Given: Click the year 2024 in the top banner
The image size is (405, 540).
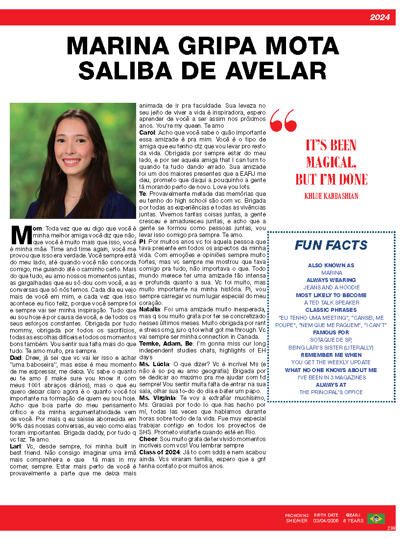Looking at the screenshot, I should click(x=380, y=18).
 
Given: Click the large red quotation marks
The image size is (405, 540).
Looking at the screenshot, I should click(x=283, y=120).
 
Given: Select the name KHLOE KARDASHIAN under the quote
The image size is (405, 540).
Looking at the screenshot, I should click(x=331, y=196).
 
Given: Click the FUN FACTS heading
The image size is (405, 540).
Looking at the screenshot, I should click(x=331, y=245).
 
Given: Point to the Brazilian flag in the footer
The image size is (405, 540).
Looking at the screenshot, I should click(x=376, y=518).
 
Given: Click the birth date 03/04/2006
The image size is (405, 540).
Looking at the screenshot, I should click(x=326, y=521).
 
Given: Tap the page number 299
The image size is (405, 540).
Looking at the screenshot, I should click(x=391, y=528).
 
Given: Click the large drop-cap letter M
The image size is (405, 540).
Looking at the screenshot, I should click(x=22, y=235).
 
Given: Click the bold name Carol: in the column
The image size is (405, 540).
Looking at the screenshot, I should click(x=147, y=133).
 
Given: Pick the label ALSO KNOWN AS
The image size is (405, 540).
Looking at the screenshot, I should click(x=331, y=265).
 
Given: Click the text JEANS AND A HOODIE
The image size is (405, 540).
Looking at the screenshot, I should click(x=331, y=287).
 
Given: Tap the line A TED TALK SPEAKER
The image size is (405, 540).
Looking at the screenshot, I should click(x=331, y=303).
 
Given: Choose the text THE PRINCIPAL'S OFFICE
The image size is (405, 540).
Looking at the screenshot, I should click(x=331, y=392).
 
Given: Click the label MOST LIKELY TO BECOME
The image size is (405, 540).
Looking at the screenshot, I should click(x=331, y=295).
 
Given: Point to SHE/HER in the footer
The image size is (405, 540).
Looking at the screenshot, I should click(x=297, y=521).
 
